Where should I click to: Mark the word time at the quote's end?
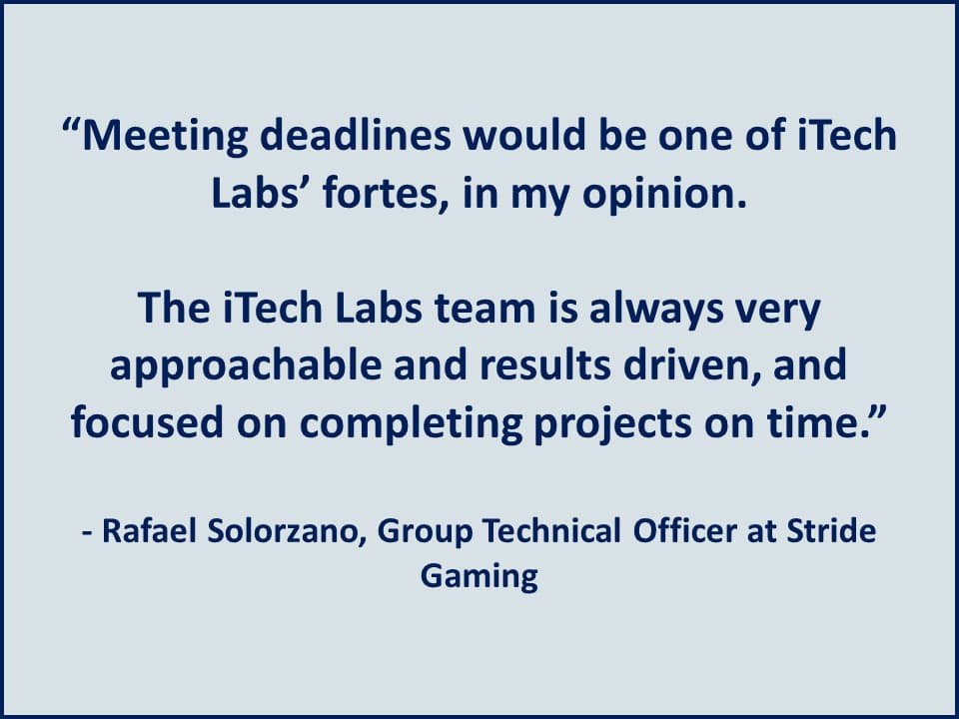point(840,422)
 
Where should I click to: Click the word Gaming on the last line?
point(479,577)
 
